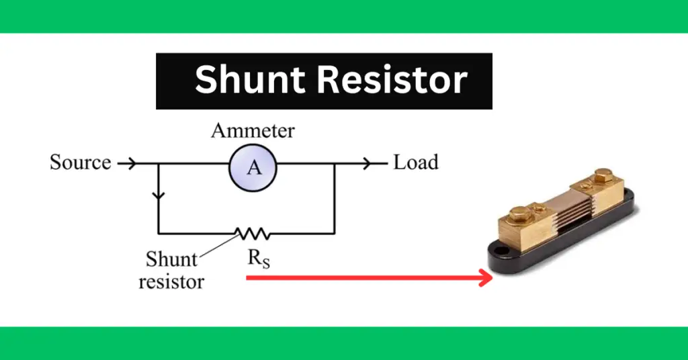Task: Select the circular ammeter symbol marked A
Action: [x=253, y=167]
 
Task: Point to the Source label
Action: [x=80, y=163]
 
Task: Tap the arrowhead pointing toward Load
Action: [x=370, y=163]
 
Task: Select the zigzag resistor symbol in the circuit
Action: [x=253, y=233]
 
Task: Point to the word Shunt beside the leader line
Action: [x=171, y=259]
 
